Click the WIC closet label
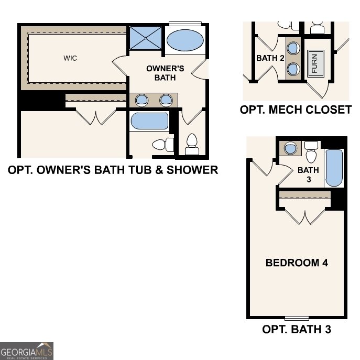pos(70,58)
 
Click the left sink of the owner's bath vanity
pos(141,100)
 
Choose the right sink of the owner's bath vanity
pos(166,100)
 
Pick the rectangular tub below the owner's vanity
pos(149,121)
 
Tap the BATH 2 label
pos(270,58)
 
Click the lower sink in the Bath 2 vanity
pos(294,69)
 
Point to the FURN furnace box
pos(315,63)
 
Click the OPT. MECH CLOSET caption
pos(296,110)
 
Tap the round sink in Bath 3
pos(289,148)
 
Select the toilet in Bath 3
pos(311,152)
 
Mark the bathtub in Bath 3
pos(334,168)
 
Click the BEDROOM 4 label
pos(297,263)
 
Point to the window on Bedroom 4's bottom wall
pos(297,318)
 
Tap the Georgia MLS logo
pos(26,351)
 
